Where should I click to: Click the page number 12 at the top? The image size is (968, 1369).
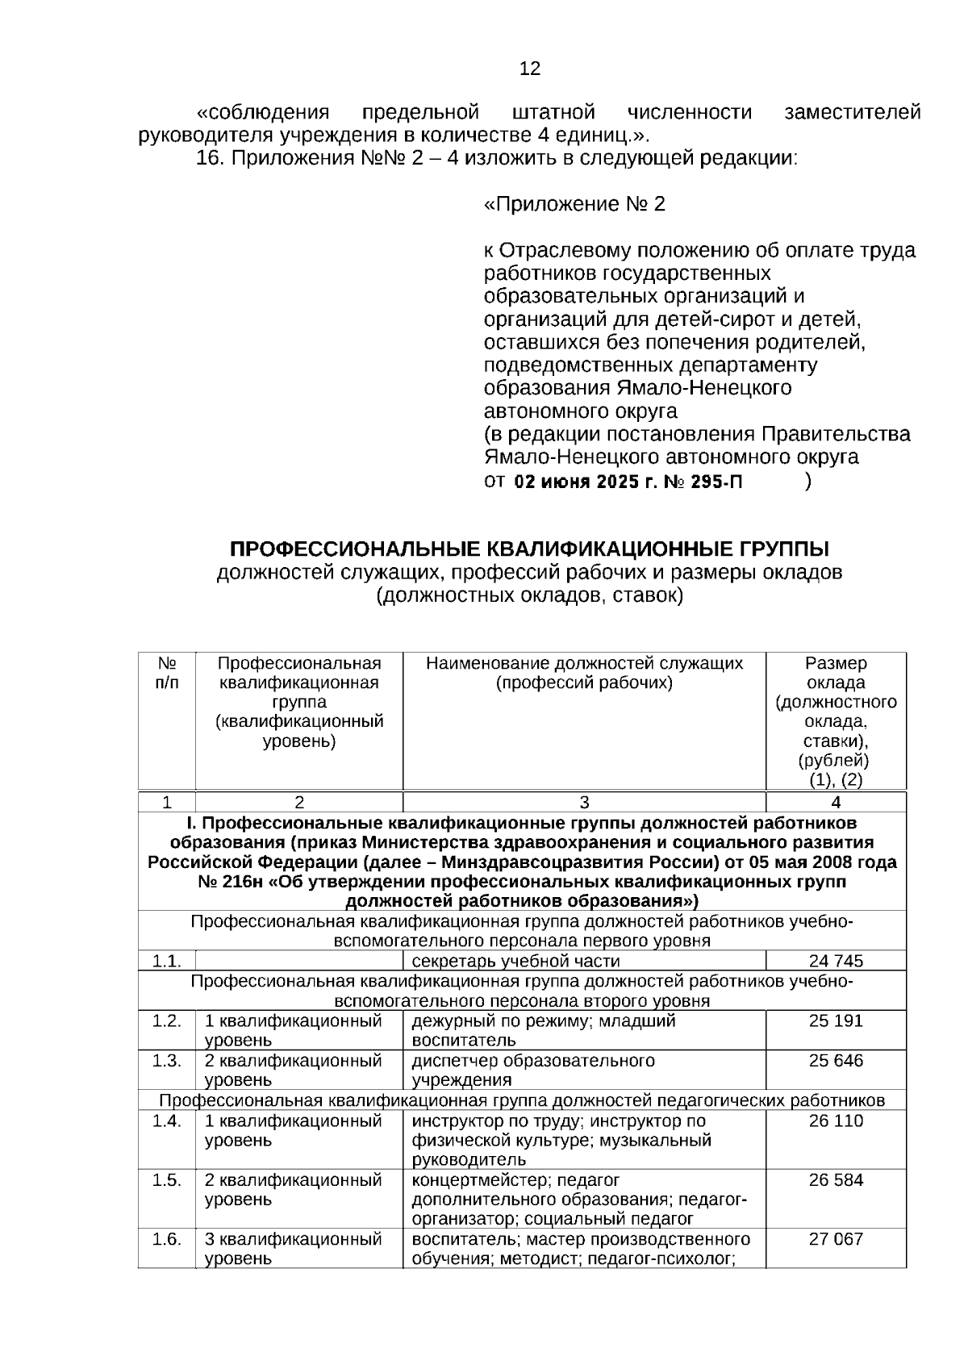click(530, 69)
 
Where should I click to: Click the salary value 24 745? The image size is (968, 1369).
click(836, 961)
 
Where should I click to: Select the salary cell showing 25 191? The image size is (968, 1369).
click(836, 1020)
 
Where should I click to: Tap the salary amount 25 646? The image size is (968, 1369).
click(836, 1060)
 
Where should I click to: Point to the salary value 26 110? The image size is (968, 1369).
click(836, 1121)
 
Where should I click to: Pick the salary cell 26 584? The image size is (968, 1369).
click(836, 1180)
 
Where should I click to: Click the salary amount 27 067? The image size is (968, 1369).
click(836, 1239)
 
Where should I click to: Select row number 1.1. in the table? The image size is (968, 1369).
click(166, 961)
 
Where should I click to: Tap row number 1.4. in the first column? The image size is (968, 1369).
click(166, 1121)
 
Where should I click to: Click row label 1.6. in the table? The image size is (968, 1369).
click(166, 1239)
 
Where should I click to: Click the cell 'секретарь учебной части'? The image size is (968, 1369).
click(515, 961)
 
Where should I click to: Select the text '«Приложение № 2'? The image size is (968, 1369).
click(574, 204)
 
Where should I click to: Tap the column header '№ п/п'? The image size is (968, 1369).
click(166, 673)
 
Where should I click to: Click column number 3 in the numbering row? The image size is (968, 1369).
click(584, 802)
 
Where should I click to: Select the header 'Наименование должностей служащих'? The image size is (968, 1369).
click(584, 664)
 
